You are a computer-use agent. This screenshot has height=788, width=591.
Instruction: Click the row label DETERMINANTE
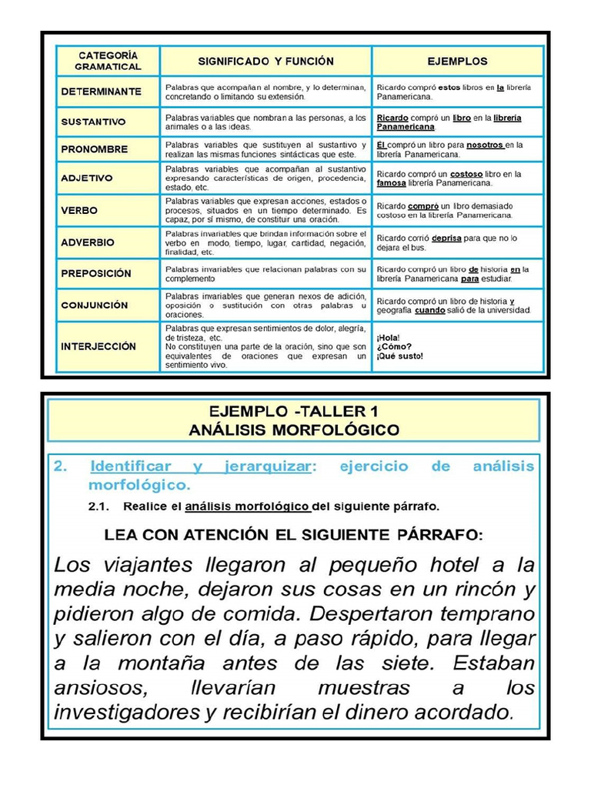[101, 92]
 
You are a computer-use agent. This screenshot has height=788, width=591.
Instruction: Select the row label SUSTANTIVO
[93, 122]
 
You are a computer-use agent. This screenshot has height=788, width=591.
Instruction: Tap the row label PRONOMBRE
[95, 149]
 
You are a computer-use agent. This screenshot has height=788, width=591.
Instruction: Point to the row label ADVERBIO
[88, 242]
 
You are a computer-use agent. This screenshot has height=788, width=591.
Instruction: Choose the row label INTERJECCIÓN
[98, 346]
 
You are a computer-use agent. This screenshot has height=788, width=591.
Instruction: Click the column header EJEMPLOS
[457, 61]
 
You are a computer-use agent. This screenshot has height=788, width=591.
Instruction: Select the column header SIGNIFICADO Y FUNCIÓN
[266, 61]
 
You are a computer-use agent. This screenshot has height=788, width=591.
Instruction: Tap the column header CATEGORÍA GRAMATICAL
[108, 61]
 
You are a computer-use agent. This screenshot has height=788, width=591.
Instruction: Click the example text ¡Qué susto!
[400, 356]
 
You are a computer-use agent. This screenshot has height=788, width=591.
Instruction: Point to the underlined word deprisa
[446, 239]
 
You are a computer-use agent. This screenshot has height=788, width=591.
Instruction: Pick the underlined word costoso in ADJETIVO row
[466, 175]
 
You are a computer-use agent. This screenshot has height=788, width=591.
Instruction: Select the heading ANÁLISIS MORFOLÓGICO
[295, 430]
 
